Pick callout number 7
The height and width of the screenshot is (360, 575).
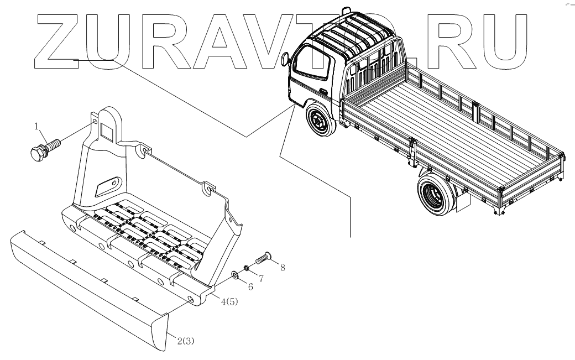[x=261, y=279]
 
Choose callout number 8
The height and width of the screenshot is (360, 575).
[x=283, y=267]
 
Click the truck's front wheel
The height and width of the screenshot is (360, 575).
[x=319, y=121]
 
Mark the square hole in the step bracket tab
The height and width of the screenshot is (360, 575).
[x=106, y=130]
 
